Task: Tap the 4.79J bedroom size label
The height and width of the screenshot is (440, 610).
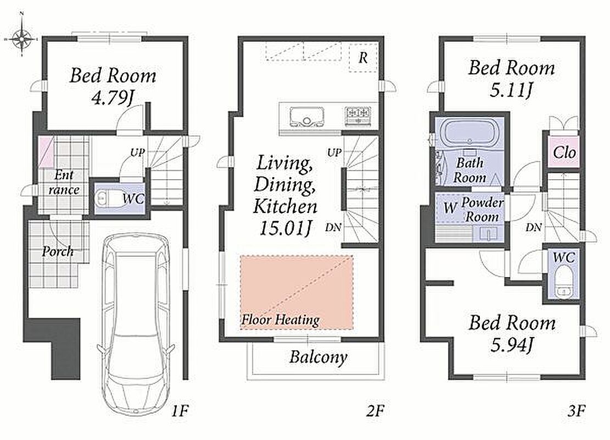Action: point(112,98)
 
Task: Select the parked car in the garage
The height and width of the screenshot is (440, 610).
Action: point(136,324)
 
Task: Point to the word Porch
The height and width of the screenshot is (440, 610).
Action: point(58,251)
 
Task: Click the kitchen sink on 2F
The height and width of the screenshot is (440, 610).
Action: point(307,117)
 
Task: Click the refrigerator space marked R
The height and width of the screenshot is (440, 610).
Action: point(362,58)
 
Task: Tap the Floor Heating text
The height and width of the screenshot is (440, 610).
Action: point(280,320)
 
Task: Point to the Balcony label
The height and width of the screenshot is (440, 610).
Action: point(318,357)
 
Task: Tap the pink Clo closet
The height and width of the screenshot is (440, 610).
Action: point(564,152)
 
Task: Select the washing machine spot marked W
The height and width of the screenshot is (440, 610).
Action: point(450,207)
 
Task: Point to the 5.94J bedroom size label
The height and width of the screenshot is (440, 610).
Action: point(511,345)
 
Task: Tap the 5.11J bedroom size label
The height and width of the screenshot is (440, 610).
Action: point(511,90)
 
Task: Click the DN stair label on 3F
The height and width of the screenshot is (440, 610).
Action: point(533,227)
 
